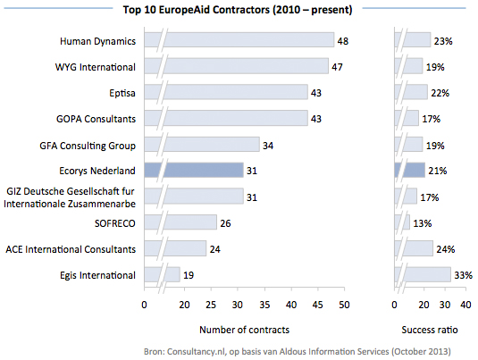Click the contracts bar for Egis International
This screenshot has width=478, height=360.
click(x=165, y=274)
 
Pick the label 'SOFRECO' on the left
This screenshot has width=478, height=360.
click(x=113, y=222)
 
